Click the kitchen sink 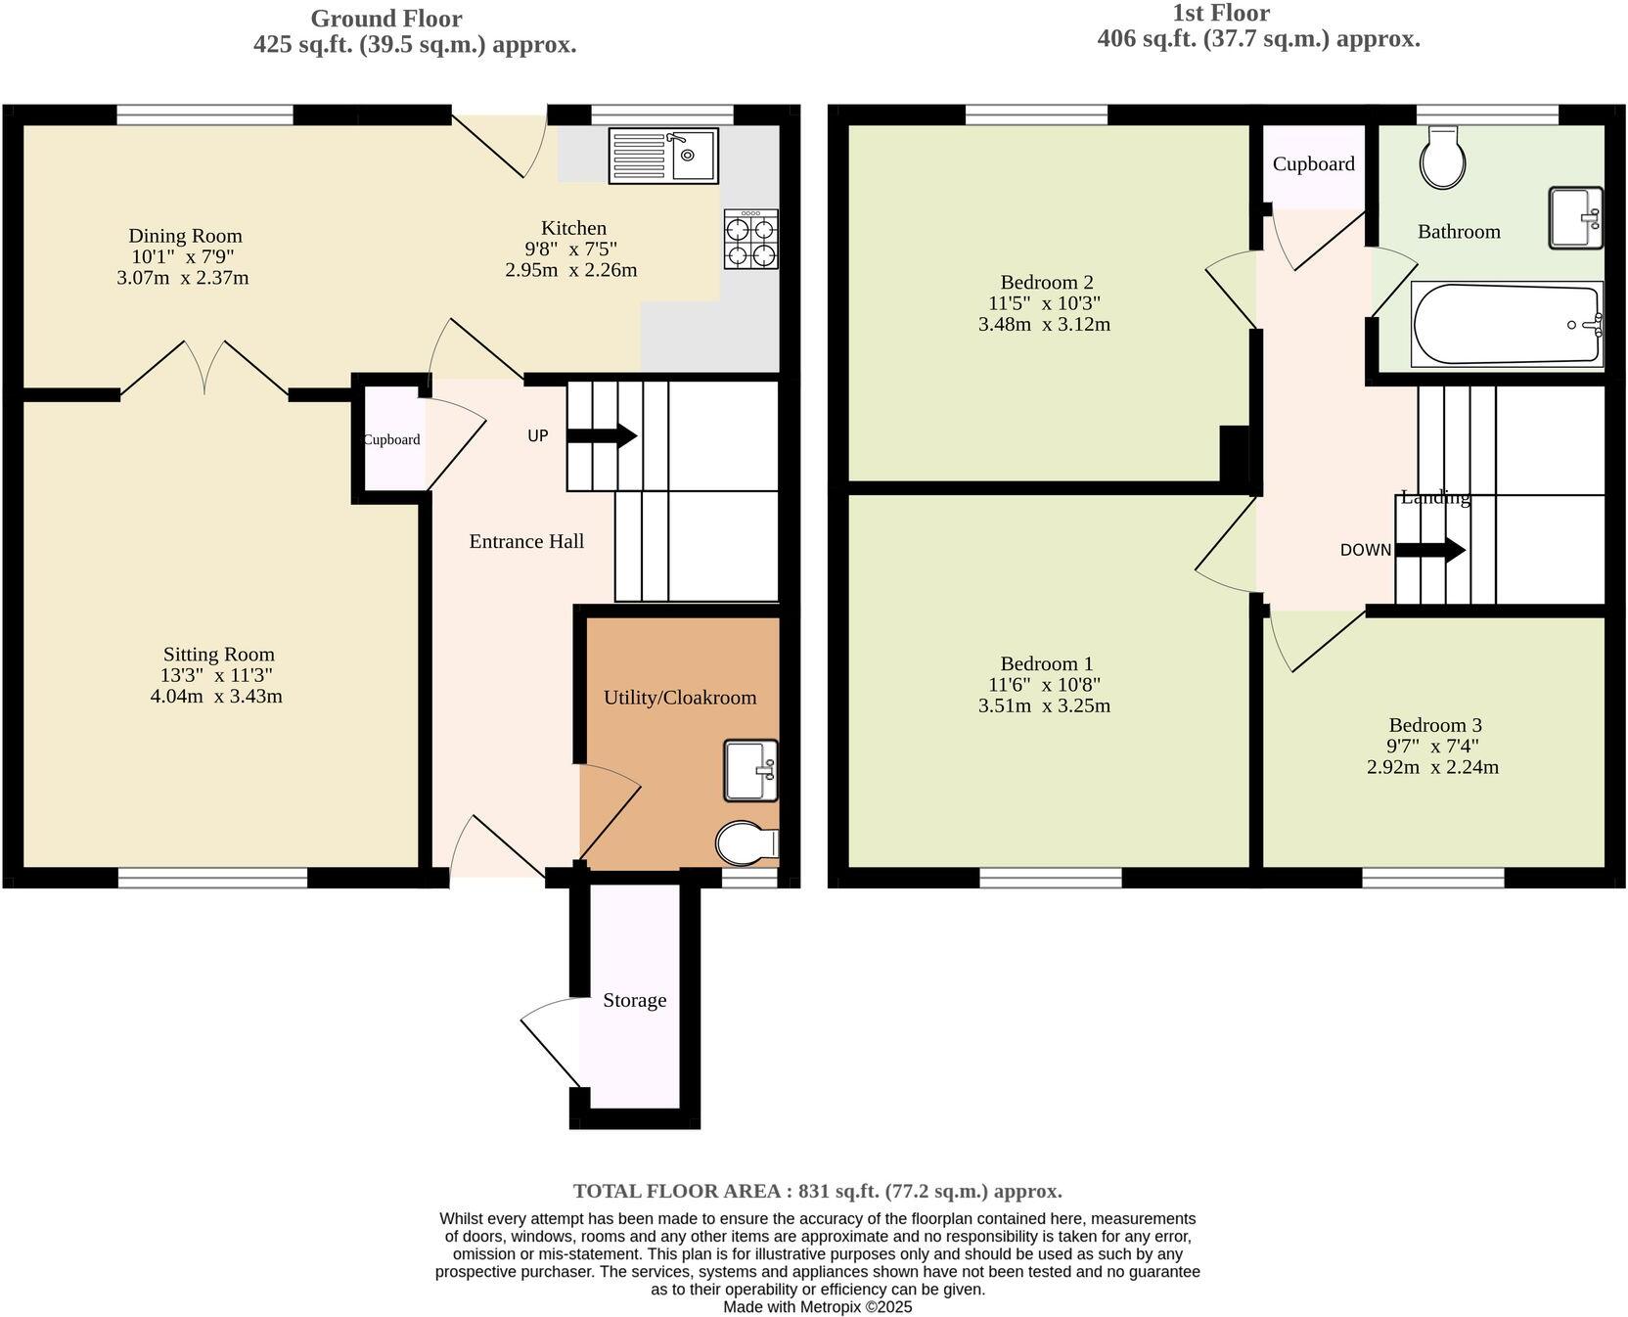pos(663,155)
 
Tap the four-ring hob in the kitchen pos(751,240)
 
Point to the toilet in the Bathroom pos(1443,160)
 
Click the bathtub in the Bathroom pos(1507,325)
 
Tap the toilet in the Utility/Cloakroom pos(746,842)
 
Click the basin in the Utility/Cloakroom pos(751,770)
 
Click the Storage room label pos(634,1000)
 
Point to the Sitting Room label pos(218,654)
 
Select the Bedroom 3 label pos(1434,725)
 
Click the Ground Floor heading pos(386,19)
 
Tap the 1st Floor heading pos(1221,14)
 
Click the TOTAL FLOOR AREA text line pos(817,1191)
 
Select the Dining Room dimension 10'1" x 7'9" pos(183,256)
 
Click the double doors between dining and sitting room pos(205,370)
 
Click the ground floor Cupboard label pos(391,439)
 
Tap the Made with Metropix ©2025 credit pos(817,1306)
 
